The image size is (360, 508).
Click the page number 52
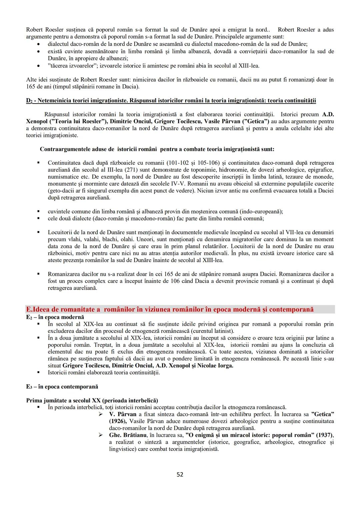click(180, 474)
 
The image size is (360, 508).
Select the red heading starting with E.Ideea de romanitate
click(170, 309)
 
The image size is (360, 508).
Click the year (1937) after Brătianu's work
click(324, 435)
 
